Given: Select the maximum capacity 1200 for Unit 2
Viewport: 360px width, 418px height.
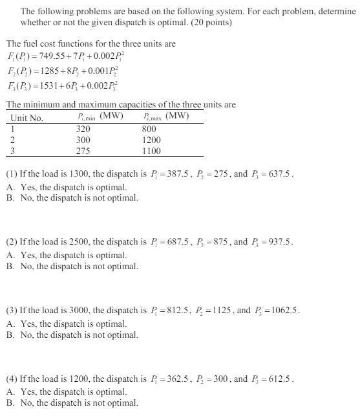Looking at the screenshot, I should pyautogui.click(x=151, y=140).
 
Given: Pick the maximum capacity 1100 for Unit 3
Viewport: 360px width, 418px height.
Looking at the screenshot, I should pyautogui.click(x=151, y=151).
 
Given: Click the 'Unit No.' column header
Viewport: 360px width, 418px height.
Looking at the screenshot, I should pyautogui.click(x=27, y=118).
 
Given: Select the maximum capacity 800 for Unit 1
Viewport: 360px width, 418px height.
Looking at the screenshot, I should pyautogui.click(x=149, y=129).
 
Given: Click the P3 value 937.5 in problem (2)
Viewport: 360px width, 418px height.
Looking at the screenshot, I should pyautogui.click(x=279, y=242).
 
